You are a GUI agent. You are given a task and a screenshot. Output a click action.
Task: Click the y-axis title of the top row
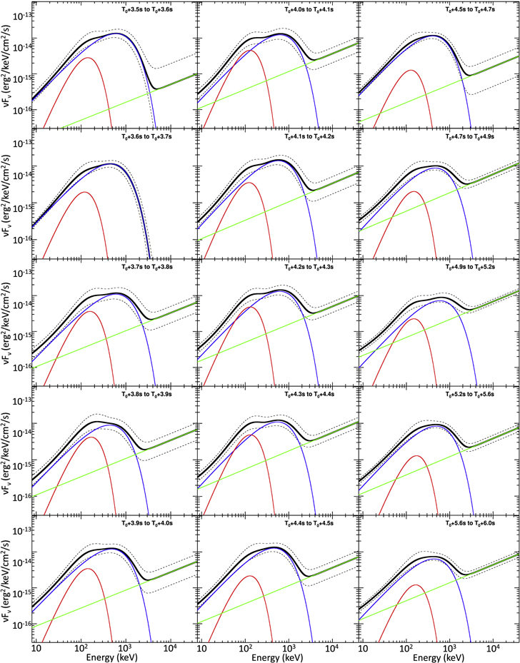click(7, 68)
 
